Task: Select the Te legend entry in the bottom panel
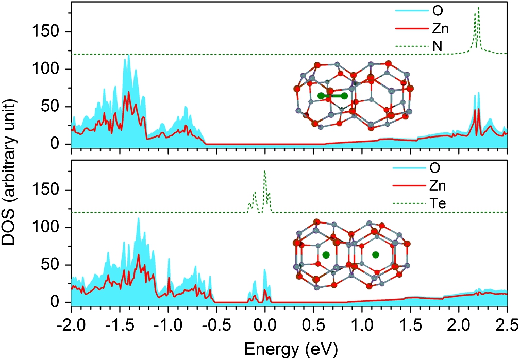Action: [x=439, y=204]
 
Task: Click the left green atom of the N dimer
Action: [x=322, y=96]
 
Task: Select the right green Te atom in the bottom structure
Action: [x=376, y=254]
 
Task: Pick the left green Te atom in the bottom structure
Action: [x=326, y=254]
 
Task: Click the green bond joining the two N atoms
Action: [x=333, y=96]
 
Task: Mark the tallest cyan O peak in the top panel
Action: [x=128, y=56]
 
